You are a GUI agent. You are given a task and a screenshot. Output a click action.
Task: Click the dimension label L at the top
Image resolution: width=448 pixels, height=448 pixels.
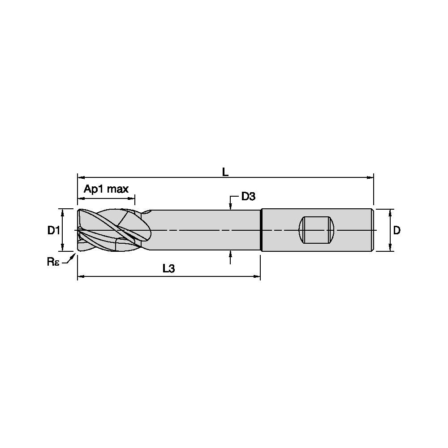(x=225, y=172)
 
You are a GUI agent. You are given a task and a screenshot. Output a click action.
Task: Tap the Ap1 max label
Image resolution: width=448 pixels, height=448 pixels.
(x=106, y=189)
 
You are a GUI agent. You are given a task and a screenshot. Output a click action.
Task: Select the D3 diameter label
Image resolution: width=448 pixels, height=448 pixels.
(x=248, y=196)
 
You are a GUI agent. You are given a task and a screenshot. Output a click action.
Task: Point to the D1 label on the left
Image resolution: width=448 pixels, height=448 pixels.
(x=53, y=230)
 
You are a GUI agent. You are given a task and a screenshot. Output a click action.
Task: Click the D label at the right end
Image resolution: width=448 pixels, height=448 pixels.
(x=396, y=230)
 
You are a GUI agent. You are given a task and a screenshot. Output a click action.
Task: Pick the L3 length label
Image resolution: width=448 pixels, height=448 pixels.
(x=168, y=268)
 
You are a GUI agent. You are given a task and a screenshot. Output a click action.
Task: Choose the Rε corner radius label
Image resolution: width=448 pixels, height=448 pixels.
(x=53, y=262)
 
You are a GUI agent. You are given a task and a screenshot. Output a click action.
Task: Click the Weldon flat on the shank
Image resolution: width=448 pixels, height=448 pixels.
(x=316, y=230)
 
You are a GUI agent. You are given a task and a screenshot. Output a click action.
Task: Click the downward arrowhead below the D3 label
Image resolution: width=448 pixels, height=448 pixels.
(x=231, y=207)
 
